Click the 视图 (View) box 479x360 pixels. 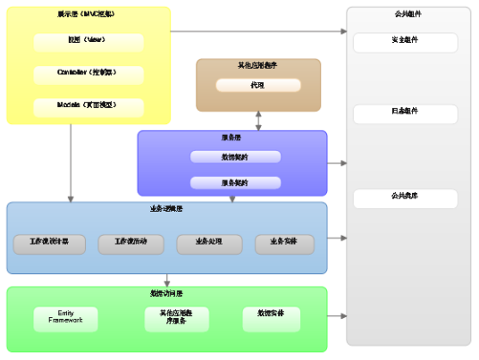88,41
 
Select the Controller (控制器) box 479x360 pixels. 88,73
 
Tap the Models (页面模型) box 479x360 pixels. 88,105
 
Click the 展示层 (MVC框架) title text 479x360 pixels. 88,15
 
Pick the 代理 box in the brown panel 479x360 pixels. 257,86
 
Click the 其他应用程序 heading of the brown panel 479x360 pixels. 257,66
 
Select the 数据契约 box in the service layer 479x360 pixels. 235,157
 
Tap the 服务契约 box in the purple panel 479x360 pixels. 235,182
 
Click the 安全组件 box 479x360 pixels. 405,42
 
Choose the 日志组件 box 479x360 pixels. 405,113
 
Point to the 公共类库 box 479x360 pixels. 405,197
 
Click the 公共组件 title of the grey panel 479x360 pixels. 408,15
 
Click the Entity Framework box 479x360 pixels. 66,319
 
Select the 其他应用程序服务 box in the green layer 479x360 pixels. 172,319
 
